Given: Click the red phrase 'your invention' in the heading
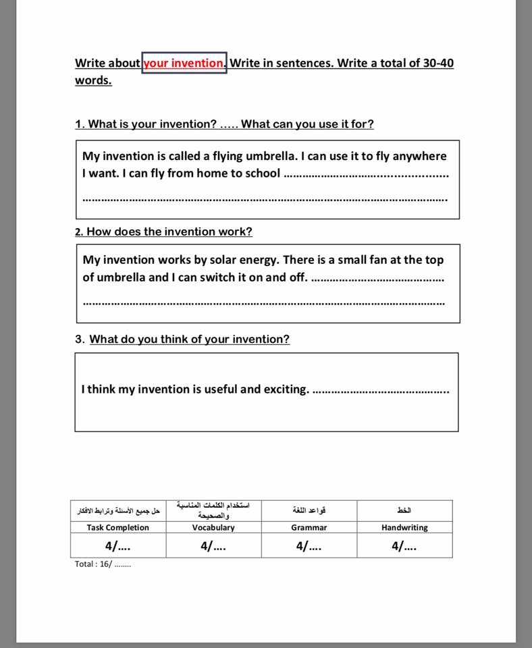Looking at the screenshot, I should (184, 63).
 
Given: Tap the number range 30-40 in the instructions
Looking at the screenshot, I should (438, 63).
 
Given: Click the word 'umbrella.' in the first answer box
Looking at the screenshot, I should (269, 156).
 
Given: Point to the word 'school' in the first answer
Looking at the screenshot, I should (259, 173).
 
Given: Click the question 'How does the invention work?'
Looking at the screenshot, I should (169, 232).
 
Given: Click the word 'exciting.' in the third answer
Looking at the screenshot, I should (286, 389).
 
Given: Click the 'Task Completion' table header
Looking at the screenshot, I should (118, 528).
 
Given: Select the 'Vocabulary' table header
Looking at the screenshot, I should (213, 528).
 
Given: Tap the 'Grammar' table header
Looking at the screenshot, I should (309, 528).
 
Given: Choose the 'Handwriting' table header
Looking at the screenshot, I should (404, 528).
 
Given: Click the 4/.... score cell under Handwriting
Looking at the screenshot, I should (404, 546).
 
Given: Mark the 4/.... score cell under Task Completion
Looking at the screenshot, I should (118, 546).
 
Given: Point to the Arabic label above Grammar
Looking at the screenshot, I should (309, 510).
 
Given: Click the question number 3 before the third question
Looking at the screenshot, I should (79, 340).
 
